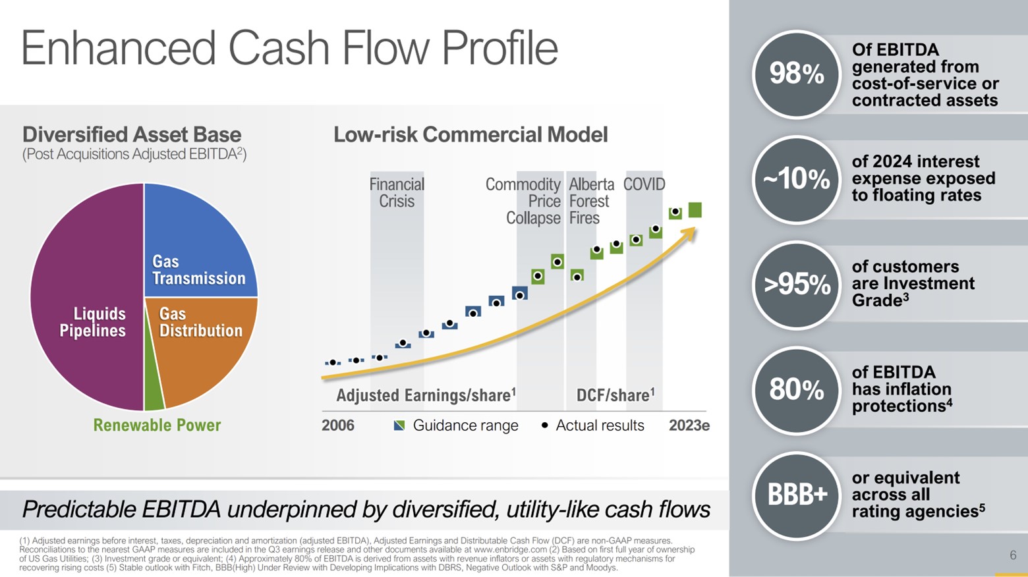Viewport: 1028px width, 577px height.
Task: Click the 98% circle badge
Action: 796,74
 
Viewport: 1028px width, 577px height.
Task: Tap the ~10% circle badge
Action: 796,180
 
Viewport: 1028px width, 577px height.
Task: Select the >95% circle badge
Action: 796,285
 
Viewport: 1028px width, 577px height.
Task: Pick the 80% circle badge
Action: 796,390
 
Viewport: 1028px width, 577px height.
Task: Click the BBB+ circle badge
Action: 796,495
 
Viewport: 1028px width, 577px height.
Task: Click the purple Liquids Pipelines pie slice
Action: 86,296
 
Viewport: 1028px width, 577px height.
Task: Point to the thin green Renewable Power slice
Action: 153,389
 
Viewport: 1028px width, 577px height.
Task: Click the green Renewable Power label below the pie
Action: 157,426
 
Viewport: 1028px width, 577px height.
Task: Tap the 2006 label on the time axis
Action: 337,426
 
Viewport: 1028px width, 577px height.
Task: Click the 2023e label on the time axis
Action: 689,426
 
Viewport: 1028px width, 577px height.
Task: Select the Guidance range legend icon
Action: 399,426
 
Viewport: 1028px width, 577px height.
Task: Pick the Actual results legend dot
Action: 544,426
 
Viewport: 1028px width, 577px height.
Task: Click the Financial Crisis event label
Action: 397,192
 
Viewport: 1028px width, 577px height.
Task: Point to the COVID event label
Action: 644,184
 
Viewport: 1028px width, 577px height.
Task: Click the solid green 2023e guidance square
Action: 695,209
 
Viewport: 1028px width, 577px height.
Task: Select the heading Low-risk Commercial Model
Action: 471,135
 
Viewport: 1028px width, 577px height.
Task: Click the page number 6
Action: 1013,555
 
